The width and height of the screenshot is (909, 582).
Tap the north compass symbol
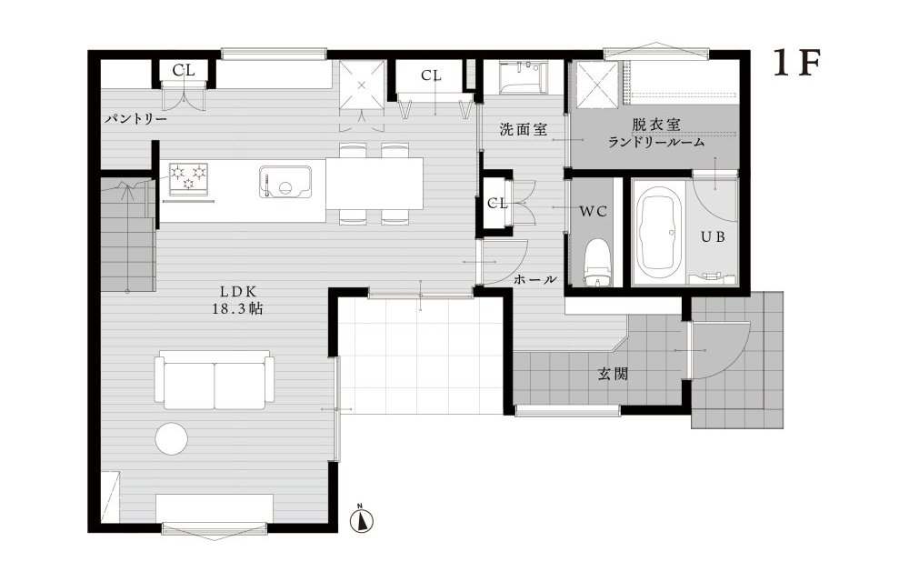click(x=362, y=520)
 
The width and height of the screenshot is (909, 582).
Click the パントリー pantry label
click(x=135, y=119)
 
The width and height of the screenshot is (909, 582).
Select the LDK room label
click(x=241, y=291)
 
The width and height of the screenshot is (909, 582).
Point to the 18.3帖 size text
click(x=241, y=309)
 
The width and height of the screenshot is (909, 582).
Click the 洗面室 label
click(x=522, y=130)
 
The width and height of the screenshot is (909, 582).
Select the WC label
click(x=593, y=211)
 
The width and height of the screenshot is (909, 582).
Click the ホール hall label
click(x=535, y=279)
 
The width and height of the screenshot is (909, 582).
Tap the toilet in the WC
click(x=597, y=262)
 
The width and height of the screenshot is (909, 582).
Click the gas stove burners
click(x=187, y=177)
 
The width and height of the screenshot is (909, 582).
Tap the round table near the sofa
click(x=171, y=438)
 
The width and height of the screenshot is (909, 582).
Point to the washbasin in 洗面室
click(x=523, y=77)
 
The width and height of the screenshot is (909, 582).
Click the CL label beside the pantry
click(x=183, y=69)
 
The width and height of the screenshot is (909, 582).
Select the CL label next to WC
click(x=497, y=203)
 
